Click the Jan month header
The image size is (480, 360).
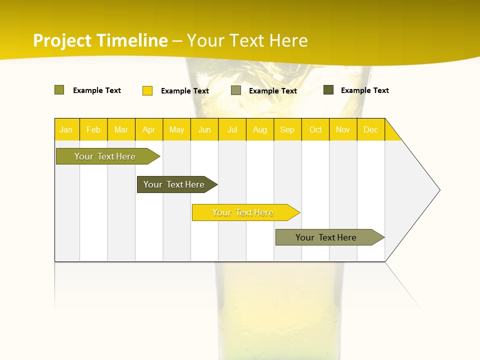(x=66, y=129)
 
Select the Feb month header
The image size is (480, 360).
(x=93, y=129)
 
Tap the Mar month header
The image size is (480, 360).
(x=121, y=129)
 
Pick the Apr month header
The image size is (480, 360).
(x=149, y=129)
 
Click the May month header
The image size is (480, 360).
(x=176, y=129)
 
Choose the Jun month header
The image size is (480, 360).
(x=204, y=129)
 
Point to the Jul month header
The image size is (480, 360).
(x=232, y=129)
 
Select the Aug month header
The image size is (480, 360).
(x=260, y=129)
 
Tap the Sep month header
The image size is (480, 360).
(x=287, y=129)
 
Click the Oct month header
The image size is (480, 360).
(x=315, y=129)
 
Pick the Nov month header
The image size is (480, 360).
(x=343, y=129)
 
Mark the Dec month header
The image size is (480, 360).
(x=371, y=129)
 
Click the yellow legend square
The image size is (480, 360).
(x=147, y=90)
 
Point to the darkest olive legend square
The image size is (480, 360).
(x=328, y=90)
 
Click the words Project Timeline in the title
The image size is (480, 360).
(x=100, y=40)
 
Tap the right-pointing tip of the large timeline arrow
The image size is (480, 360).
(x=438, y=190)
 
